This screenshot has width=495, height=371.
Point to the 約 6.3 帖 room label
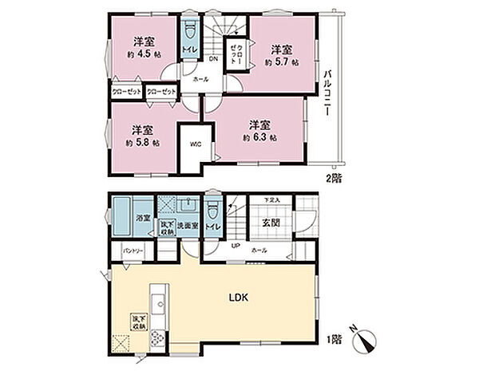pos(260,136)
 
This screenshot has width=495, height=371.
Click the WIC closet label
pos(194,145)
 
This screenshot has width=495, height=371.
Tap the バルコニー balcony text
pos(327,94)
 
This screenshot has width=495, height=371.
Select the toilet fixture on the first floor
pos(212,215)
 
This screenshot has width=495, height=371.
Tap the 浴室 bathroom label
pos(141,217)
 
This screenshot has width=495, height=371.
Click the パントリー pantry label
pos(133,251)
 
